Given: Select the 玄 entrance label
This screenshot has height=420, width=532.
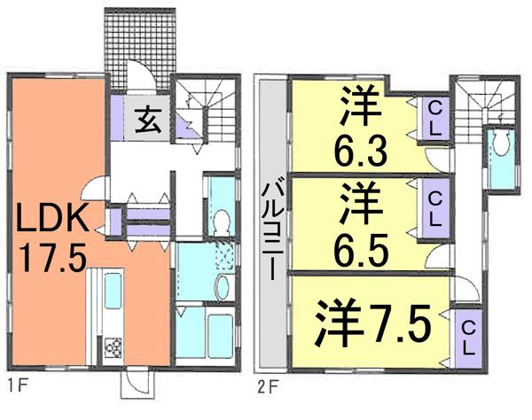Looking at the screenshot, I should pos(146,117).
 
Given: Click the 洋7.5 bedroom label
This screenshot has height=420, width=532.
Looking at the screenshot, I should pos(372,324).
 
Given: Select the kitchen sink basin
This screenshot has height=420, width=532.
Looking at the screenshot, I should pos(114,289).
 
